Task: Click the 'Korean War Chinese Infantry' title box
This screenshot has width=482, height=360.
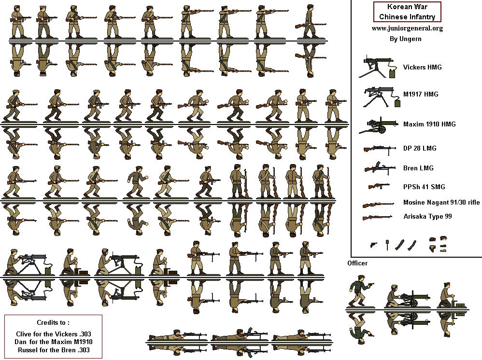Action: pyautogui.click(x=407, y=12)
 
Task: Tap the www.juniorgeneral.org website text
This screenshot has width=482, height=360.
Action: pyautogui.click(x=407, y=28)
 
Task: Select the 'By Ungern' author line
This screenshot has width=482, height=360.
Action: pyautogui.click(x=407, y=39)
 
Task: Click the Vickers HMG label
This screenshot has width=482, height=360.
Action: pyautogui.click(x=423, y=68)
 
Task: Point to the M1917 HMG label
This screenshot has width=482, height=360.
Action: pyautogui.click(x=421, y=95)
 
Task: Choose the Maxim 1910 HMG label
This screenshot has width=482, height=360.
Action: pyautogui.click(x=429, y=124)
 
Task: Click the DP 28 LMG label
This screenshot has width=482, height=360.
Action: pyautogui.click(x=420, y=148)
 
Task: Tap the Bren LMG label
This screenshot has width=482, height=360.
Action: pyautogui.click(x=418, y=168)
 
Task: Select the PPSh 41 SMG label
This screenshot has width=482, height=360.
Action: pyautogui.click(x=424, y=187)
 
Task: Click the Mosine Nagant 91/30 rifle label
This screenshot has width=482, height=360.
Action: pyautogui.click(x=441, y=203)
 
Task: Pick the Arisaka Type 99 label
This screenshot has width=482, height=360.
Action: pyautogui.click(x=427, y=217)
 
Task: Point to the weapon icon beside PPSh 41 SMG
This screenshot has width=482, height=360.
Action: pyautogui.click(x=379, y=187)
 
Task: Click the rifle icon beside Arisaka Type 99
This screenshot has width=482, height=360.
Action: pyautogui.click(x=378, y=217)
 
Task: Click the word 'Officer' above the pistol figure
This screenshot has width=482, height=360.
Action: pyautogui.click(x=357, y=263)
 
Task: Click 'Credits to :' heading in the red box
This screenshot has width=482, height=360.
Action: pyautogui.click(x=53, y=322)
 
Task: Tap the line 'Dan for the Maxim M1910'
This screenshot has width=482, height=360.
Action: pyautogui.click(x=53, y=342)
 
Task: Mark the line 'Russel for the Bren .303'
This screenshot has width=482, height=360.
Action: pyautogui.click(x=53, y=350)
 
